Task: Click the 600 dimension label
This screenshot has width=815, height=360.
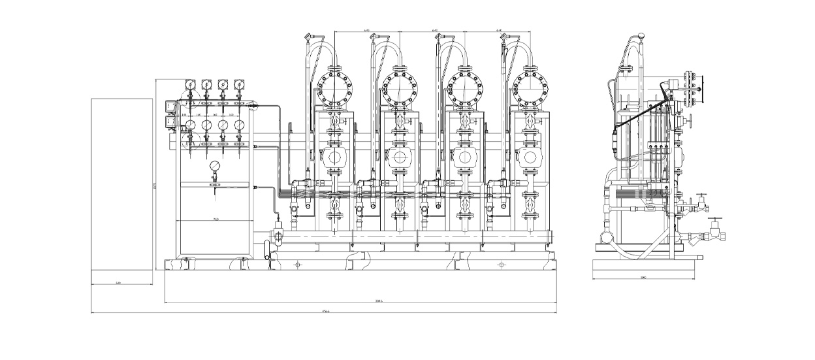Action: tap(118, 282)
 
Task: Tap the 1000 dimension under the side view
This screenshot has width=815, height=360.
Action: tap(643, 278)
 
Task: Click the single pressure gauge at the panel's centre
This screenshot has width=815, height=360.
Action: tap(215, 167)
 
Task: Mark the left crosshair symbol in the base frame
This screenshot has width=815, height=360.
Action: tap(298, 265)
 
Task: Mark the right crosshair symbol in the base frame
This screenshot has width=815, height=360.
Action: tap(502, 265)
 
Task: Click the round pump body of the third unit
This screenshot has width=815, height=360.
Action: tap(464, 157)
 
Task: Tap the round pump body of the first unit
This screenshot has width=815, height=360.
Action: tap(334, 157)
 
